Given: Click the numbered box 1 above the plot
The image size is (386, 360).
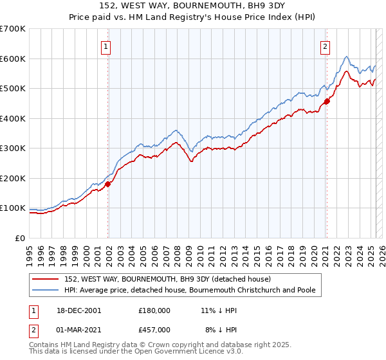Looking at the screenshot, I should [106, 46].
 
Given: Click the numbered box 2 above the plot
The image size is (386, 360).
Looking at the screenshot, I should [326, 46].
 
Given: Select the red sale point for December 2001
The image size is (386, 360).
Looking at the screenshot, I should [108, 184].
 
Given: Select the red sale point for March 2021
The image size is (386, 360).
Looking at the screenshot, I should [327, 101].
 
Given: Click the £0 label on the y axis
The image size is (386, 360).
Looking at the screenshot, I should [20, 238].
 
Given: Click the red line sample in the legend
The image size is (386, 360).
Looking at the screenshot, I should [46, 279].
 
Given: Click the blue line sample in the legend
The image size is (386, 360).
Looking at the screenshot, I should [46, 291].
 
